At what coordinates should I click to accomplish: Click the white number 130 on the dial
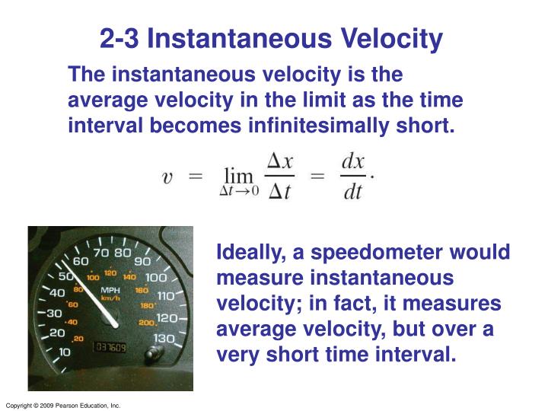pyautogui.click(x=163, y=338)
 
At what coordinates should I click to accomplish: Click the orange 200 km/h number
pyautogui.click(x=146, y=323)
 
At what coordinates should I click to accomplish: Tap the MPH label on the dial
pyautogui.click(x=111, y=290)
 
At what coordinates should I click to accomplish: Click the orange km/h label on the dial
pyautogui.click(x=111, y=298)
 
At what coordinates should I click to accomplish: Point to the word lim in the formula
pyautogui.click(x=238, y=174)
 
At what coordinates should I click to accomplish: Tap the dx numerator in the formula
pyautogui.click(x=352, y=161)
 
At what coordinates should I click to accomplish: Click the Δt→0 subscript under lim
pyautogui.click(x=238, y=191)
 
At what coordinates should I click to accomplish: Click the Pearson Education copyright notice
pyautogui.click(x=62, y=406)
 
